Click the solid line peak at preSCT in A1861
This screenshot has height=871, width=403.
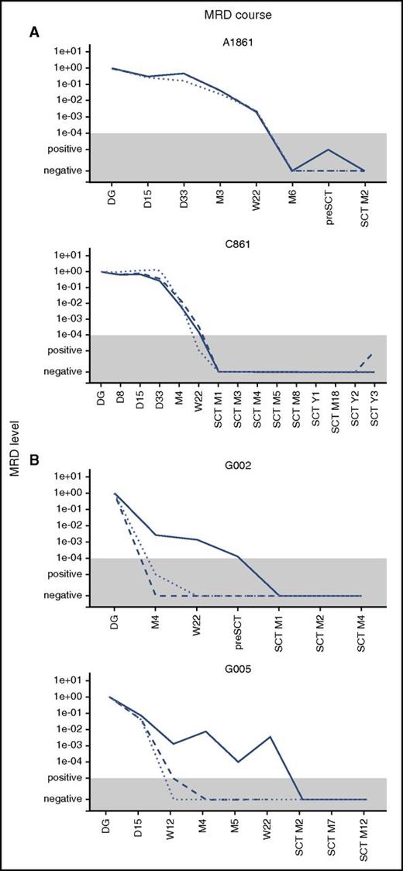pos(329,150)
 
